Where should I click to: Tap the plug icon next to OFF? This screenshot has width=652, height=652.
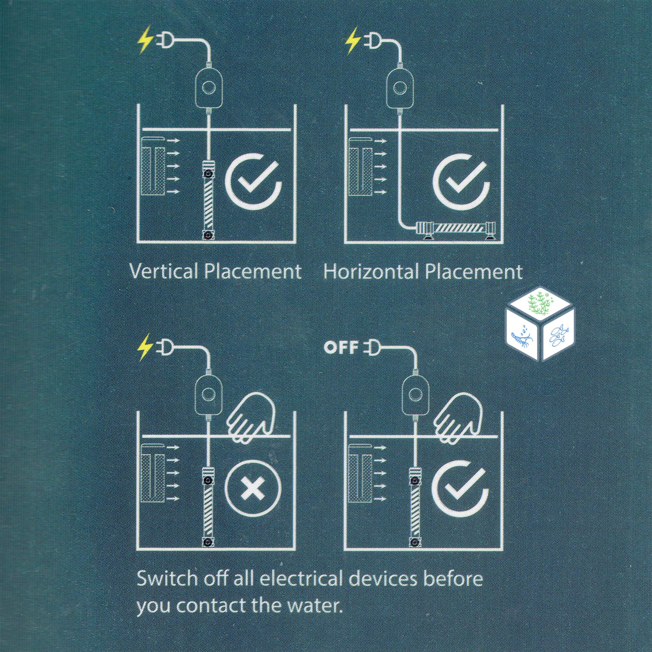click(370, 348)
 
